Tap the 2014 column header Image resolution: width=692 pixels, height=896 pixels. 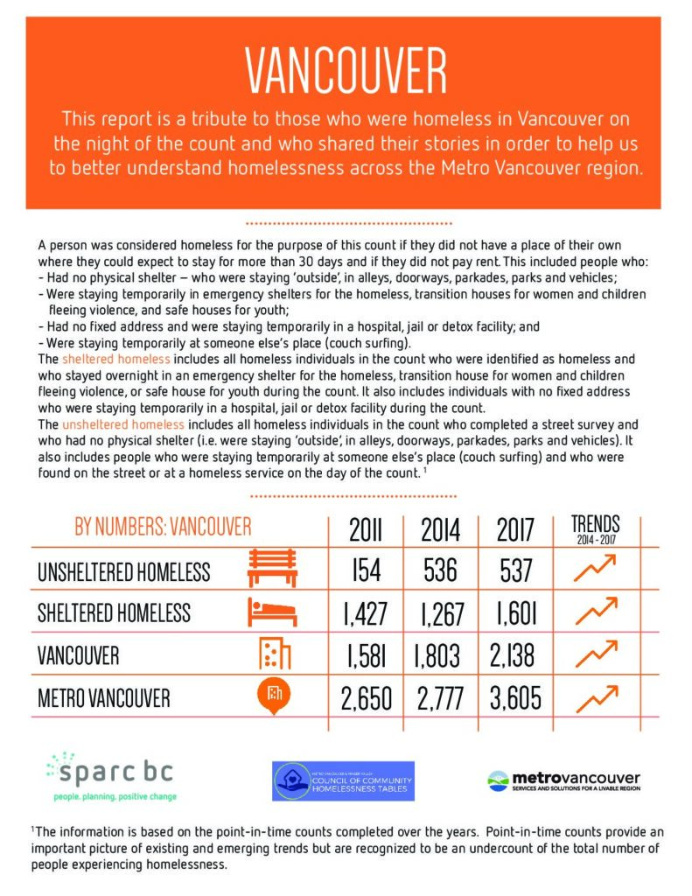(440, 530)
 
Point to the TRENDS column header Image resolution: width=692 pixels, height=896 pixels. (595, 528)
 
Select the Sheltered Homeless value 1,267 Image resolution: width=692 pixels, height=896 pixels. (440, 613)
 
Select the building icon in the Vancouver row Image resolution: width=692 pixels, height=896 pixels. (275, 654)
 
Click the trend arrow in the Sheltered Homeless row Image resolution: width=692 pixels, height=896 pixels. (595, 611)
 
